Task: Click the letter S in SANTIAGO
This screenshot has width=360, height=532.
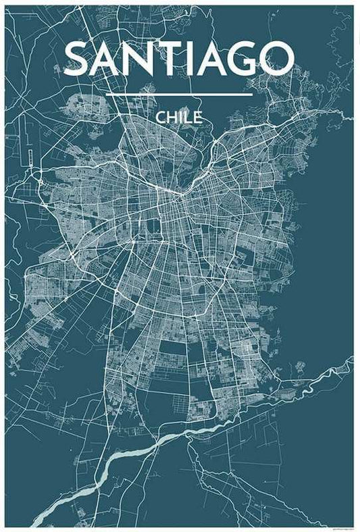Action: (79, 59)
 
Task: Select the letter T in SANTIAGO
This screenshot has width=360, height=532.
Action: (171, 59)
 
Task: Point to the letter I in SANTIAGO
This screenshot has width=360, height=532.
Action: (191, 59)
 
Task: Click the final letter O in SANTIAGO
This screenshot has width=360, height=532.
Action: (277, 59)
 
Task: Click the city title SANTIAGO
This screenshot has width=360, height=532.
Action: (179, 59)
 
